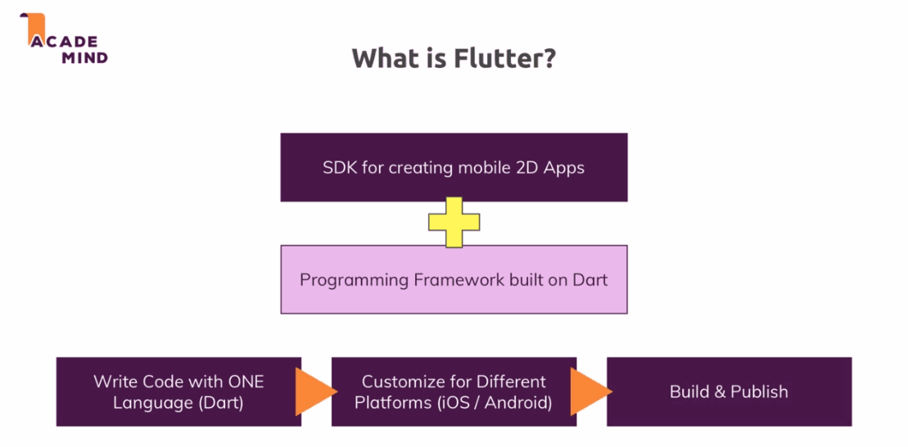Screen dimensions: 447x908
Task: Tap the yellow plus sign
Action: pyautogui.click(x=454, y=221)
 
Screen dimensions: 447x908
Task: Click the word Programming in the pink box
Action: pyautogui.click(x=354, y=280)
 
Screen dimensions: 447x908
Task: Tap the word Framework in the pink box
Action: pyautogui.click(x=456, y=280)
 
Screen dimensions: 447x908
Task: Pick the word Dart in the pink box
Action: pyautogui.click(x=590, y=280)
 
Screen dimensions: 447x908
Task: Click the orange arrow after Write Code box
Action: pyautogui.click(x=314, y=391)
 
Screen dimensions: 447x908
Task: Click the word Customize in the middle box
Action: pyautogui.click(x=400, y=382)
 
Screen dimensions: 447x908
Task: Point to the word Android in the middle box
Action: pyautogui.click(x=520, y=403)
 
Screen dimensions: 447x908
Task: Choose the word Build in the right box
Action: pyautogui.click(x=689, y=391)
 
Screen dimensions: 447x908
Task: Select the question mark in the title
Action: pyautogui.click(x=549, y=58)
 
